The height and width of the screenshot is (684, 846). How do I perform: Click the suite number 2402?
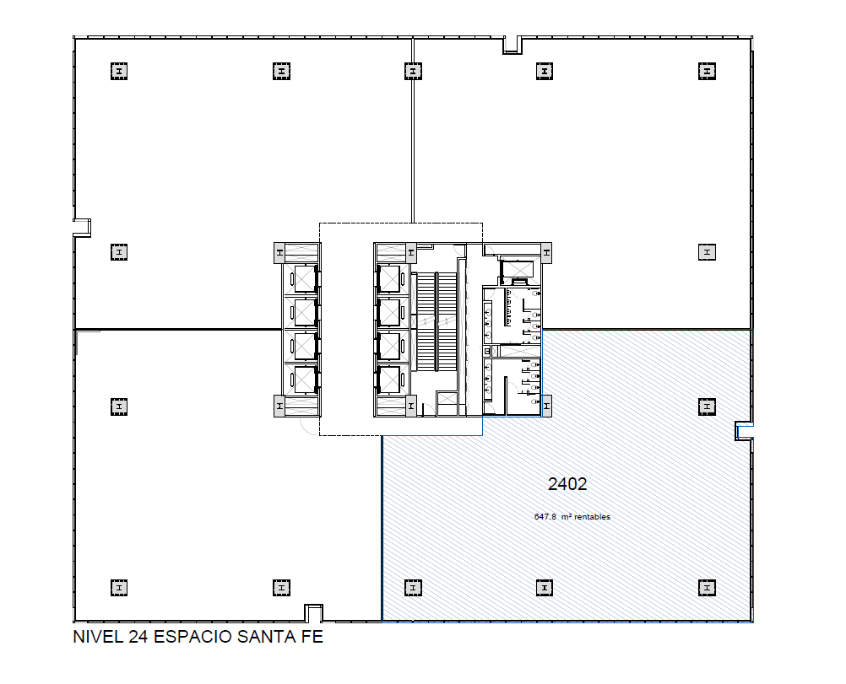[567, 484]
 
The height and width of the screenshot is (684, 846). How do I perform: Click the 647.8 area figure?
[545, 516]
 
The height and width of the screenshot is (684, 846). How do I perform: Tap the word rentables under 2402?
[592, 516]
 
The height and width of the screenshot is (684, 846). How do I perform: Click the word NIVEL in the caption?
[98, 637]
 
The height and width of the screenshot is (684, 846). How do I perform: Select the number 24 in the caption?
[138, 637]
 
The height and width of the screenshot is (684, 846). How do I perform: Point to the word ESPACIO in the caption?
[193, 637]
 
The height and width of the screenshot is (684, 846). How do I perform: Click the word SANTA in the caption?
[265, 637]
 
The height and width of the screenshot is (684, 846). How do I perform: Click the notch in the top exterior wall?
[512, 46]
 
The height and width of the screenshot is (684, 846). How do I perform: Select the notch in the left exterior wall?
[82, 228]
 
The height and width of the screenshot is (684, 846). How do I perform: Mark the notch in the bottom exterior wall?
[313, 613]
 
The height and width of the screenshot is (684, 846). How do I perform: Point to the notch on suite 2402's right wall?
[744, 431]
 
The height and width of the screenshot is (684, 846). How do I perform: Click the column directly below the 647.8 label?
[545, 588]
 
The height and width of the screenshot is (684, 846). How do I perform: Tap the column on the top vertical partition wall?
[413, 71]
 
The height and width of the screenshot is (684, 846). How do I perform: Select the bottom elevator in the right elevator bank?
[389, 380]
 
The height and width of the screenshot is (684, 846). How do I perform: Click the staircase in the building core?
[434, 322]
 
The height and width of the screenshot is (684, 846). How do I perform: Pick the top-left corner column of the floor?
[119, 71]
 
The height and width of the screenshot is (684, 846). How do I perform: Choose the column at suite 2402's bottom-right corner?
[707, 588]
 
